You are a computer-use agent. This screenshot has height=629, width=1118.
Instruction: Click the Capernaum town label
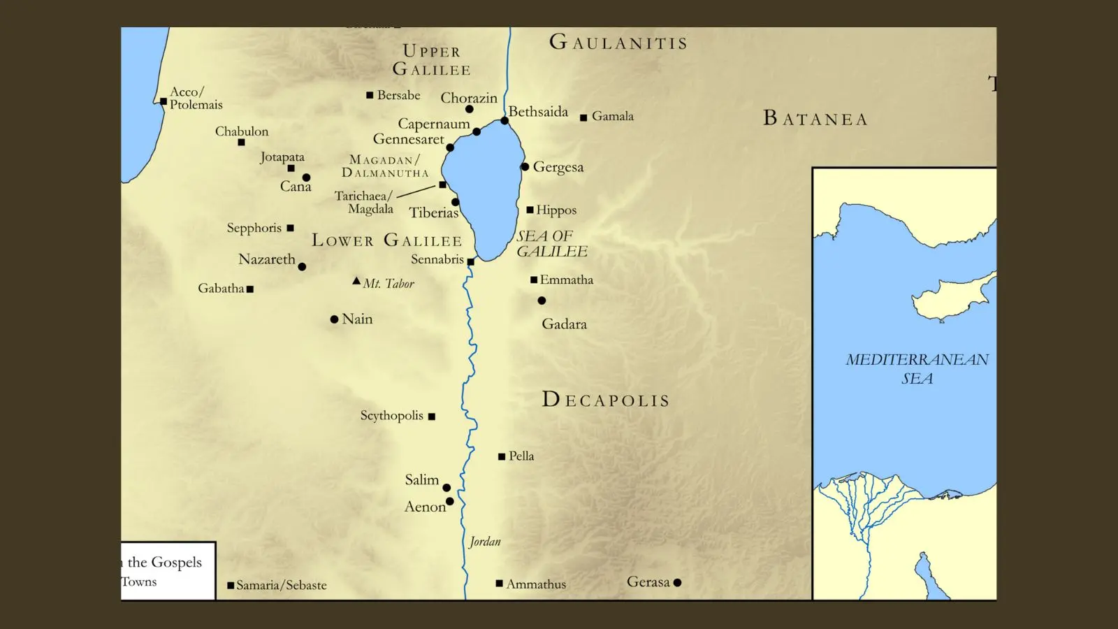tap(433, 124)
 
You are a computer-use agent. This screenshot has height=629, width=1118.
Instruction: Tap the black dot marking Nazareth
tap(302, 267)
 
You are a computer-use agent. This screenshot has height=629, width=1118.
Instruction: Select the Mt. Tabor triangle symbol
tap(356, 281)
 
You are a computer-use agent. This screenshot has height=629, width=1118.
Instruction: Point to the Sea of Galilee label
tap(551, 243)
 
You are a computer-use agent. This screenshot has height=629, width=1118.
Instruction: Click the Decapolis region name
tap(606, 400)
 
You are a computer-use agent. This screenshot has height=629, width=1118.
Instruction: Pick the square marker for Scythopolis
tap(432, 417)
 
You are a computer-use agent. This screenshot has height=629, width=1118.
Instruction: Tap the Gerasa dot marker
tap(677, 583)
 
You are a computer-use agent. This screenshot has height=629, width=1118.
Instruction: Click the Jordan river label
tap(485, 542)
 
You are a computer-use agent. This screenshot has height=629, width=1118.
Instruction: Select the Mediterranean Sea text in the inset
tap(917, 368)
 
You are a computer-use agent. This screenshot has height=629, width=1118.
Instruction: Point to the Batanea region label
tap(815, 119)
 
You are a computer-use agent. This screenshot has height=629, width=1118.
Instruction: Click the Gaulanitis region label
tap(618, 43)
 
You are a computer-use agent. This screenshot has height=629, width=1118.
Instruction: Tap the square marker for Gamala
tap(583, 117)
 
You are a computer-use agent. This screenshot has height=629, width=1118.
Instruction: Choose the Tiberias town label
tap(433, 212)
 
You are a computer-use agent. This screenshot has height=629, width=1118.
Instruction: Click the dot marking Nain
tap(334, 319)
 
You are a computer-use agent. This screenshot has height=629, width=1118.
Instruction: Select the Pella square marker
tap(502, 457)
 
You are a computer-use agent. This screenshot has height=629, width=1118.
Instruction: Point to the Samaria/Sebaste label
tap(281, 585)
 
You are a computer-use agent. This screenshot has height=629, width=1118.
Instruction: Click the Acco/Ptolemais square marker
tap(164, 101)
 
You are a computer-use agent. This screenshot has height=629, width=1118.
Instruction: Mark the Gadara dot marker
tap(542, 301)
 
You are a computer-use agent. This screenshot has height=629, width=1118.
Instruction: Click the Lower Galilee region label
tap(386, 240)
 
